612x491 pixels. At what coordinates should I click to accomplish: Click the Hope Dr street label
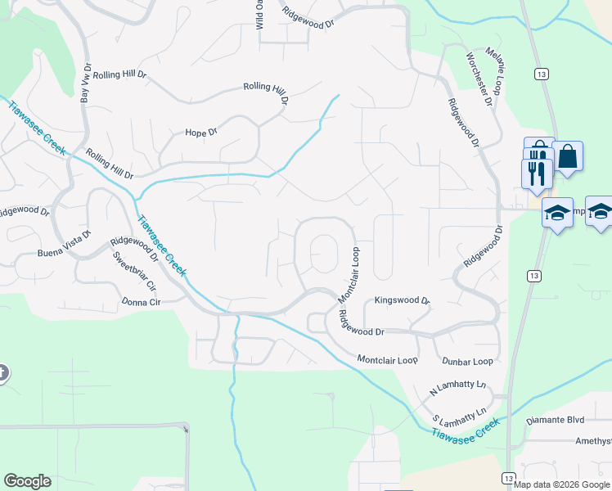tap(201, 133)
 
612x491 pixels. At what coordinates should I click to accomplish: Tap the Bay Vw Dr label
tap(84, 86)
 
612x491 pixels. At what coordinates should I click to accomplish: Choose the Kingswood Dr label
tap(402, 301)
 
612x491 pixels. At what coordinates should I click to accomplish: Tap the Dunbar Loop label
tap(467, 361)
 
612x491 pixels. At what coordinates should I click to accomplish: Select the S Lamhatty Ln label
tap(460, 417)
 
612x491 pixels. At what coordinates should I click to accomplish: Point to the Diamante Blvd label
tap(555, 420)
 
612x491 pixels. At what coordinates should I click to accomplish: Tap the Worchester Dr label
tap(479, 79)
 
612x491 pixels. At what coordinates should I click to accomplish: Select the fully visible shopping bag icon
tap(567, 157)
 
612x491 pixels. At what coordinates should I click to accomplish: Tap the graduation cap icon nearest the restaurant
tap(557, 214)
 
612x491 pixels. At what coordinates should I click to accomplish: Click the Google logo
tap(28, 481)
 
